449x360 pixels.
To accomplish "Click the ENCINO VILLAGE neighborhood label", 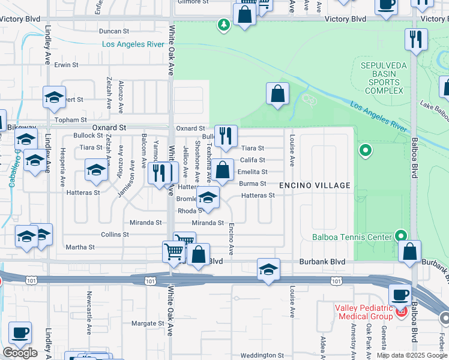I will point(315,185).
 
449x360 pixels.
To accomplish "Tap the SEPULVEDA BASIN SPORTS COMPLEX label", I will point(382,78).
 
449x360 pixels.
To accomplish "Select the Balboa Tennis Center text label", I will point(352,236).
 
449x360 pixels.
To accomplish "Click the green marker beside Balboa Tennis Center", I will point(400,236).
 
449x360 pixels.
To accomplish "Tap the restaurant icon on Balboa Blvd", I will point(416,40).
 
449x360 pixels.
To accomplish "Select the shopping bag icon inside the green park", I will point(277,94).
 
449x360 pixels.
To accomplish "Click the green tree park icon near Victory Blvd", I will point(223,25).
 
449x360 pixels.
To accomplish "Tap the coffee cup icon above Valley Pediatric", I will point(400,295).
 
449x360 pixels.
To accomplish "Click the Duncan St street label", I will point(114,31).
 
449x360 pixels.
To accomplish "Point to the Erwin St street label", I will point(66,64).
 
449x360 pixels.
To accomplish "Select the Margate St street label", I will point(148,323).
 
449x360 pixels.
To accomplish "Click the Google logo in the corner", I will point(20,353).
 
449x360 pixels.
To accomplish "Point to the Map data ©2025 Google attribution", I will point(411,355).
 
